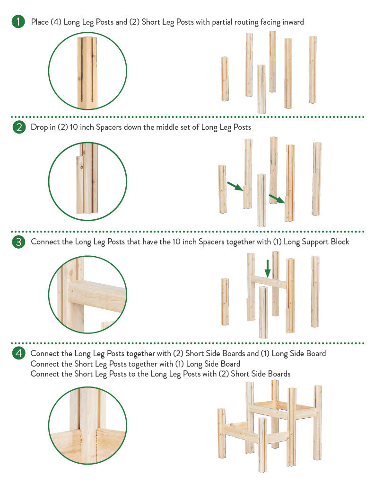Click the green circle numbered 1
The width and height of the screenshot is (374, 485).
click(x=18, y=22)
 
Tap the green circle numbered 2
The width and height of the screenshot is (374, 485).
click(x=18, y=127)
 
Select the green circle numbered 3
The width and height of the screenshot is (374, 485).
click(x=18, y=242)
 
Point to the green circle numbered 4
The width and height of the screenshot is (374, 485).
click(x=18, y=353)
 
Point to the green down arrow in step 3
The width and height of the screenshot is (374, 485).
click(x=268, y=268)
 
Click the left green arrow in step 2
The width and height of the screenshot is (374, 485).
click(x=235, y=186)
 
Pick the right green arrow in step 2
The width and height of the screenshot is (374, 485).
click(x=277, y=198)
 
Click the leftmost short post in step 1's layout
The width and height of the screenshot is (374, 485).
click(x=225, y=79)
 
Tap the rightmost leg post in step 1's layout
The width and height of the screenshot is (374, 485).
click(x=313, y=70)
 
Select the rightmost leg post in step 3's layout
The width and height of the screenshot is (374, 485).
click(x=315, y=292)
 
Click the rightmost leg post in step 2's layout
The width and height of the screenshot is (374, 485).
click(x=317, y=179)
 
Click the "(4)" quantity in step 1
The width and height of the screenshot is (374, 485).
click(x=56, y=22)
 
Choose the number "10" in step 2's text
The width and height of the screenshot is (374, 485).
click(x=74, y=127)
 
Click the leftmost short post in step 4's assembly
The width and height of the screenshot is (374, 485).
click(x=221, y=433)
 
